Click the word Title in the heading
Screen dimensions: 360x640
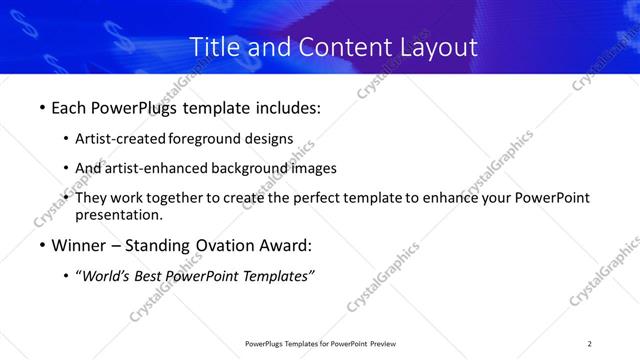pos(213,47)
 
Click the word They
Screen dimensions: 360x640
pos(93,198)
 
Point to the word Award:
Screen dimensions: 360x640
pos(286,245)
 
